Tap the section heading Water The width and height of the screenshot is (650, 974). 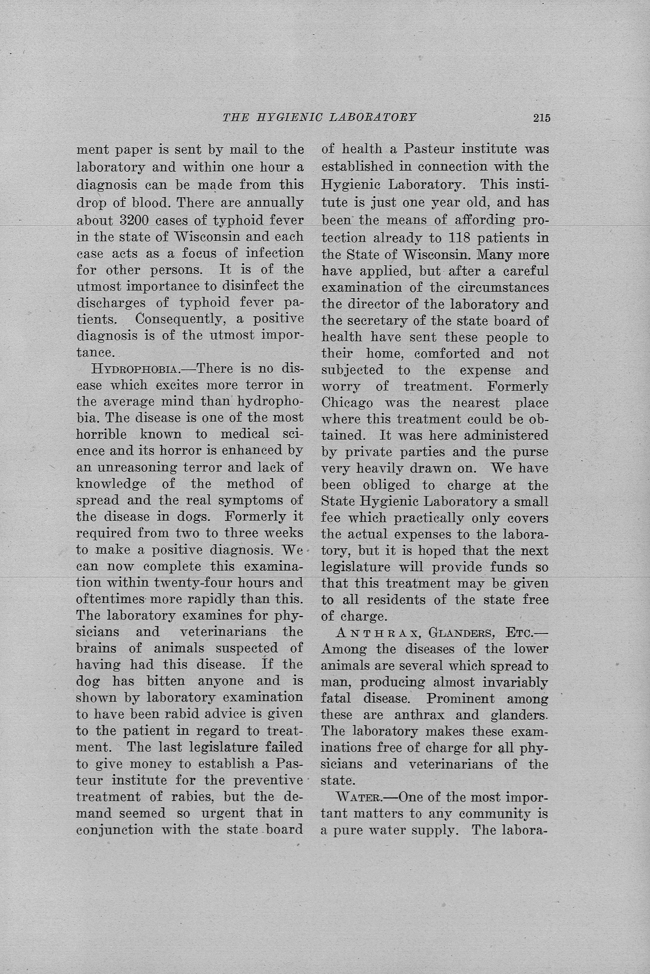pos(358,797)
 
